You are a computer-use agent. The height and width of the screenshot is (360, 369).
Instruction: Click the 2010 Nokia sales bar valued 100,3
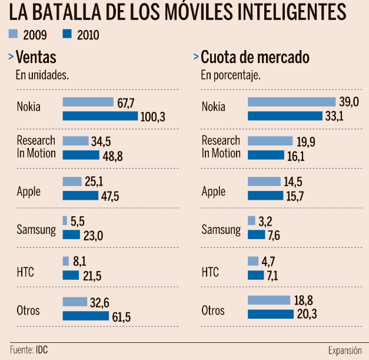pyautogui.click(x=100, y=116)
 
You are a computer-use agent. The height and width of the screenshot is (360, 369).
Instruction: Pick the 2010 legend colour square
pyautogui.click(x=67, y=34)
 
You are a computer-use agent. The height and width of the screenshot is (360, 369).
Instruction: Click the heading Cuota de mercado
pyautogui.click(x=255, y=57)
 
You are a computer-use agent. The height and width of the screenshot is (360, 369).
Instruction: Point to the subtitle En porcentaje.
pyautogui.click(x=231, y=75)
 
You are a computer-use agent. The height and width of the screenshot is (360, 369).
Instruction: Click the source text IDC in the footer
pyautogui.click(x=41, y=350)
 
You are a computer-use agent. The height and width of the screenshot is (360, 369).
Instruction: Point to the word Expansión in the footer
pyautogui.click(x=345, y=350)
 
